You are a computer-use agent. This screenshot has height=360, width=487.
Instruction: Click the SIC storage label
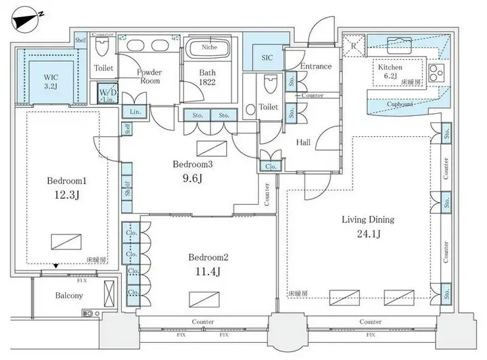click(267, 58)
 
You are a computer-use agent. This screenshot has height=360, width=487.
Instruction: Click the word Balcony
click(68, 296)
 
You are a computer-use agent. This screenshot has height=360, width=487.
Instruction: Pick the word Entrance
click(316, 66)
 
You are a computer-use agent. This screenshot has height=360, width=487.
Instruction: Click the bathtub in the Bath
click(209, 50)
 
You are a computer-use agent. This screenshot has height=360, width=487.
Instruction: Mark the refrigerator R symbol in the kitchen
click(353, 45)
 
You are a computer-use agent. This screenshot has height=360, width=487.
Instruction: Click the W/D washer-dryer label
click(107, 93)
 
